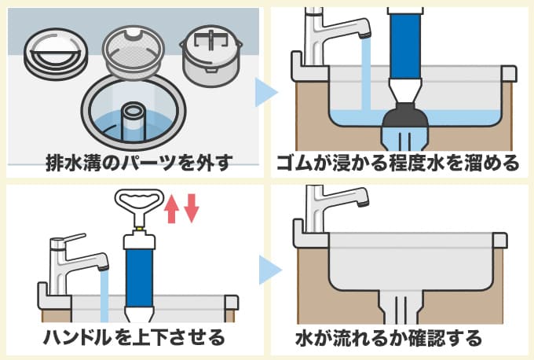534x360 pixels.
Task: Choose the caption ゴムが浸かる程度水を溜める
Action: [x=398, y=164]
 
